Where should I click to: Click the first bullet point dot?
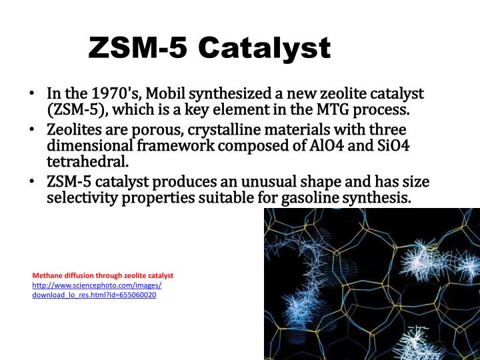coord(33,94)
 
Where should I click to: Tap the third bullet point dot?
coord(33,182)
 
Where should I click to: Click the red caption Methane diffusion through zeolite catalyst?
coord(103,275)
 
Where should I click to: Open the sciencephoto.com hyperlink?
coord(97,289)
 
